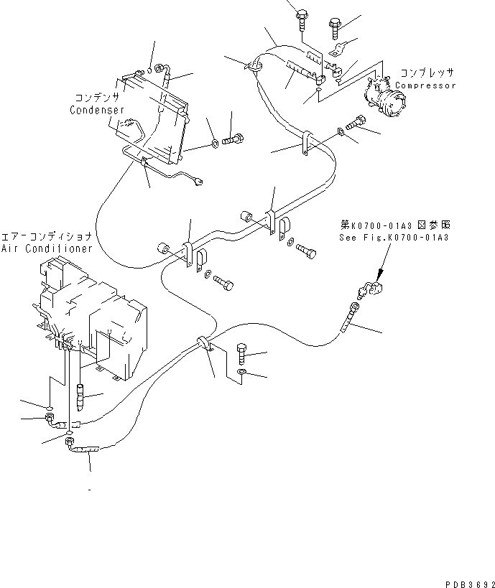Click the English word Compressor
(426, 85)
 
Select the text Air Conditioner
(47, 248)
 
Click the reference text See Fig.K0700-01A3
(394, 238)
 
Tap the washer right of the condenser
(215, 146)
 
